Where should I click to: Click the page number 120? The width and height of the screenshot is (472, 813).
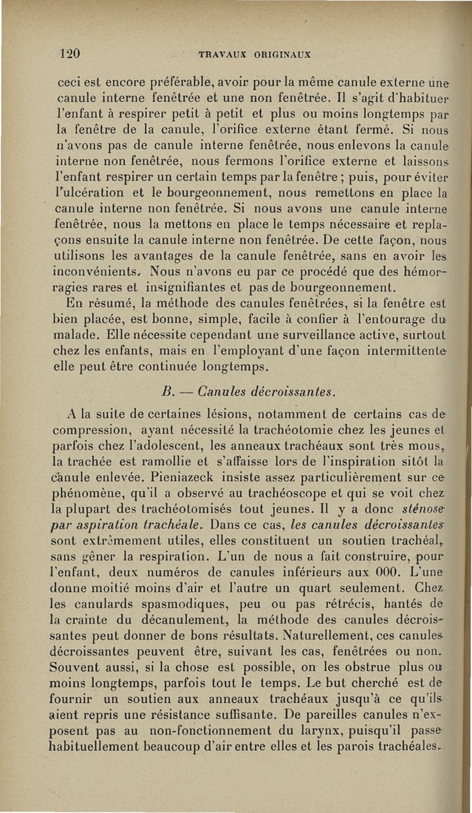[x=70, y=53]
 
